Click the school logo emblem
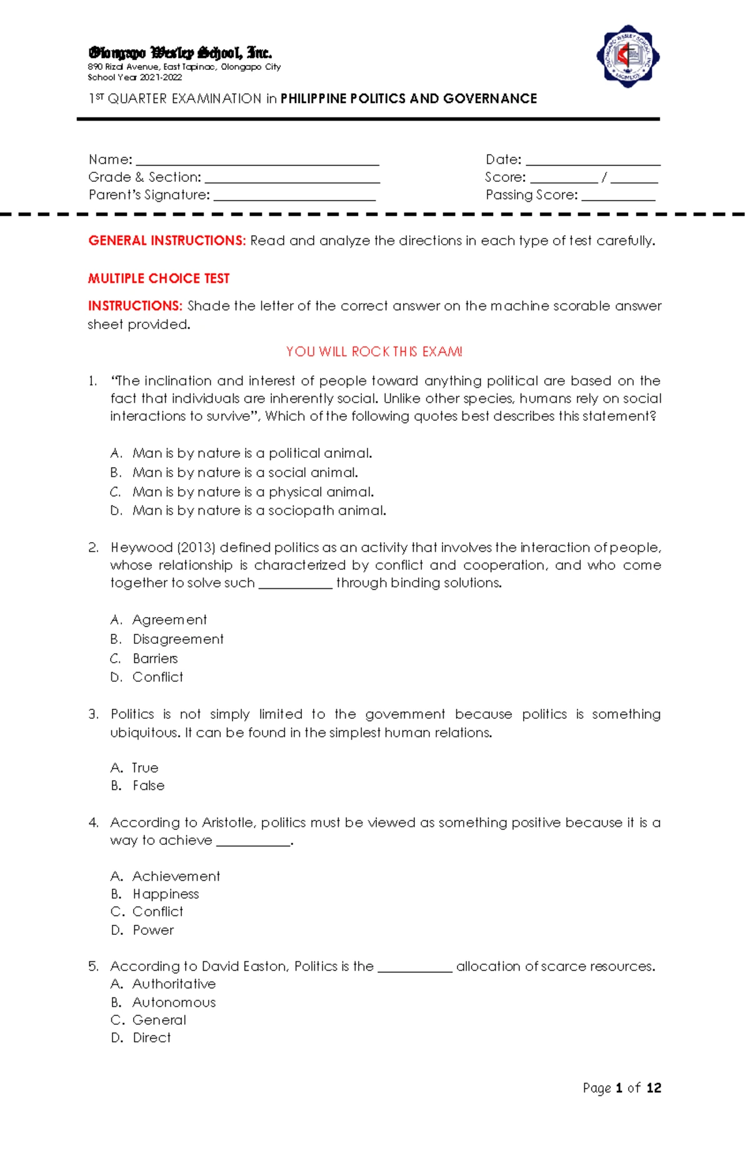[x=627, y=56]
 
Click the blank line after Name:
[x=257, y=164]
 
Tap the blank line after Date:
[x=592, y=164]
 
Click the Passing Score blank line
[x=617, y=199]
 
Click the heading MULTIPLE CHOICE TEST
[x=159, y=279]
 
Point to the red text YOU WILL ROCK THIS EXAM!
[x=374, y=352]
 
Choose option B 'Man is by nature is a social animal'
[x=244, y=473]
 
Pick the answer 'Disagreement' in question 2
[x=177, y=640]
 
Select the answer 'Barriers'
[x=155, y=659]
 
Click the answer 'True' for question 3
[x=145, y=768]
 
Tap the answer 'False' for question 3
[x=148, y=786]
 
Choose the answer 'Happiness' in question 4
[x=166, y=894]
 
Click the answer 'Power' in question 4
[x=153, y=931]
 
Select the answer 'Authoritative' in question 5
[x=174, y=984]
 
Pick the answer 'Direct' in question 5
[x=151, y=1038]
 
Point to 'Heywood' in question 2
[x=141, y=548]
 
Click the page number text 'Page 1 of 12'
[x=621, y=1089]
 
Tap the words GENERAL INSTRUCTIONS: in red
[x=167, y=241]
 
